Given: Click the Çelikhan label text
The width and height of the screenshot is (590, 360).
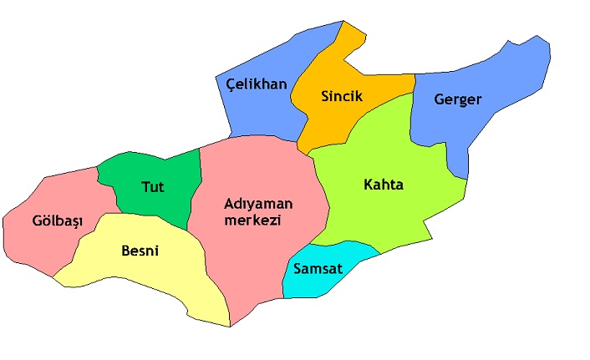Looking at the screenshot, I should pos(257,84).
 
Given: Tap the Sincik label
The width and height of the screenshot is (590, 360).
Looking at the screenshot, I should pos(342,96).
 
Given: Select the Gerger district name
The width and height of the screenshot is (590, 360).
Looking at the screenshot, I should pos(458,99).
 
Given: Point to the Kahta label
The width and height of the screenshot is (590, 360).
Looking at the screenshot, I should pos(384,185).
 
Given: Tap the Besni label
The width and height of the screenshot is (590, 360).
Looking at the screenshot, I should pos(140,250).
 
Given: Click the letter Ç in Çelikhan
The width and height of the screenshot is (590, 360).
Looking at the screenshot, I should pos(231,84).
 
